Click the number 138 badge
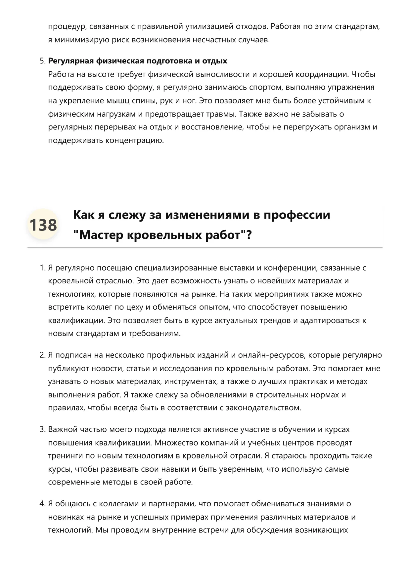pyautogui.click(x=43, y=225)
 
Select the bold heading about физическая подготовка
pyautogui.click(x=138, y=61)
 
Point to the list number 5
pyautogui.click(x=42, y=61)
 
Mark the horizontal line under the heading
pyautogui.click(x=205, y=247)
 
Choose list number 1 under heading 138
pyautogui.click(x=42, y=268)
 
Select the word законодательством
pyautogui.click(x=263, y=408)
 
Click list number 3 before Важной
pyautogui.click(x=42, y=429)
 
